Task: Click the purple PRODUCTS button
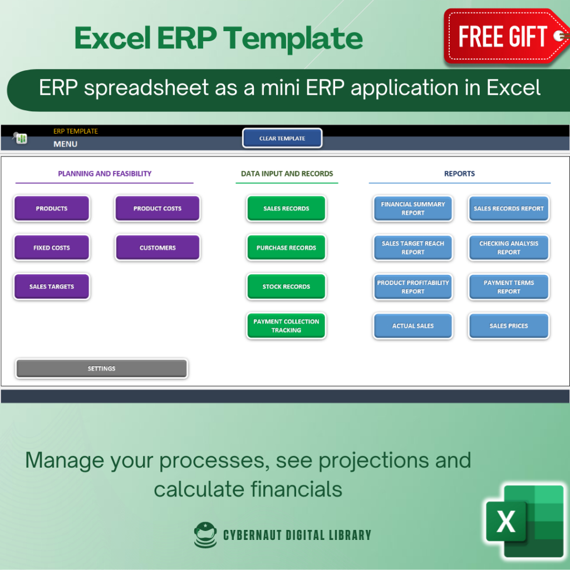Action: click(51, 208)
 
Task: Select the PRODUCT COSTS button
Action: click(157, 208)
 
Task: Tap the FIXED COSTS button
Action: click(51, 248)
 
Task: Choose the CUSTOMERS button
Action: click(157, 248)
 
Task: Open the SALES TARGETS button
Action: click(51, 287)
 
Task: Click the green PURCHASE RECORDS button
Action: click(286, 248)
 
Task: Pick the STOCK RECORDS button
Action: click(286, 287)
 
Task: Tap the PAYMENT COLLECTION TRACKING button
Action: click(286, 326)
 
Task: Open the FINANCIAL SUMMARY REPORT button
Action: click(412, 208)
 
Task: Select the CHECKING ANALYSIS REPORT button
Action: click(509, 248)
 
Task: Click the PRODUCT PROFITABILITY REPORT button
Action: click(412, 287)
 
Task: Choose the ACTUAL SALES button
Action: click(412, 326)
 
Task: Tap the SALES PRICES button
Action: click(509, 326)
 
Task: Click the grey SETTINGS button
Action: click(101, 368)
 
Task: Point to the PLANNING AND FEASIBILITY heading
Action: click(105, 174)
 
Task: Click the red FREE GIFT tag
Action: click(505, 36)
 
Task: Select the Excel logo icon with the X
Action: click(524, 521)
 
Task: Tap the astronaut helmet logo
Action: click(205, 535)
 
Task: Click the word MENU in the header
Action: click(66, 144)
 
